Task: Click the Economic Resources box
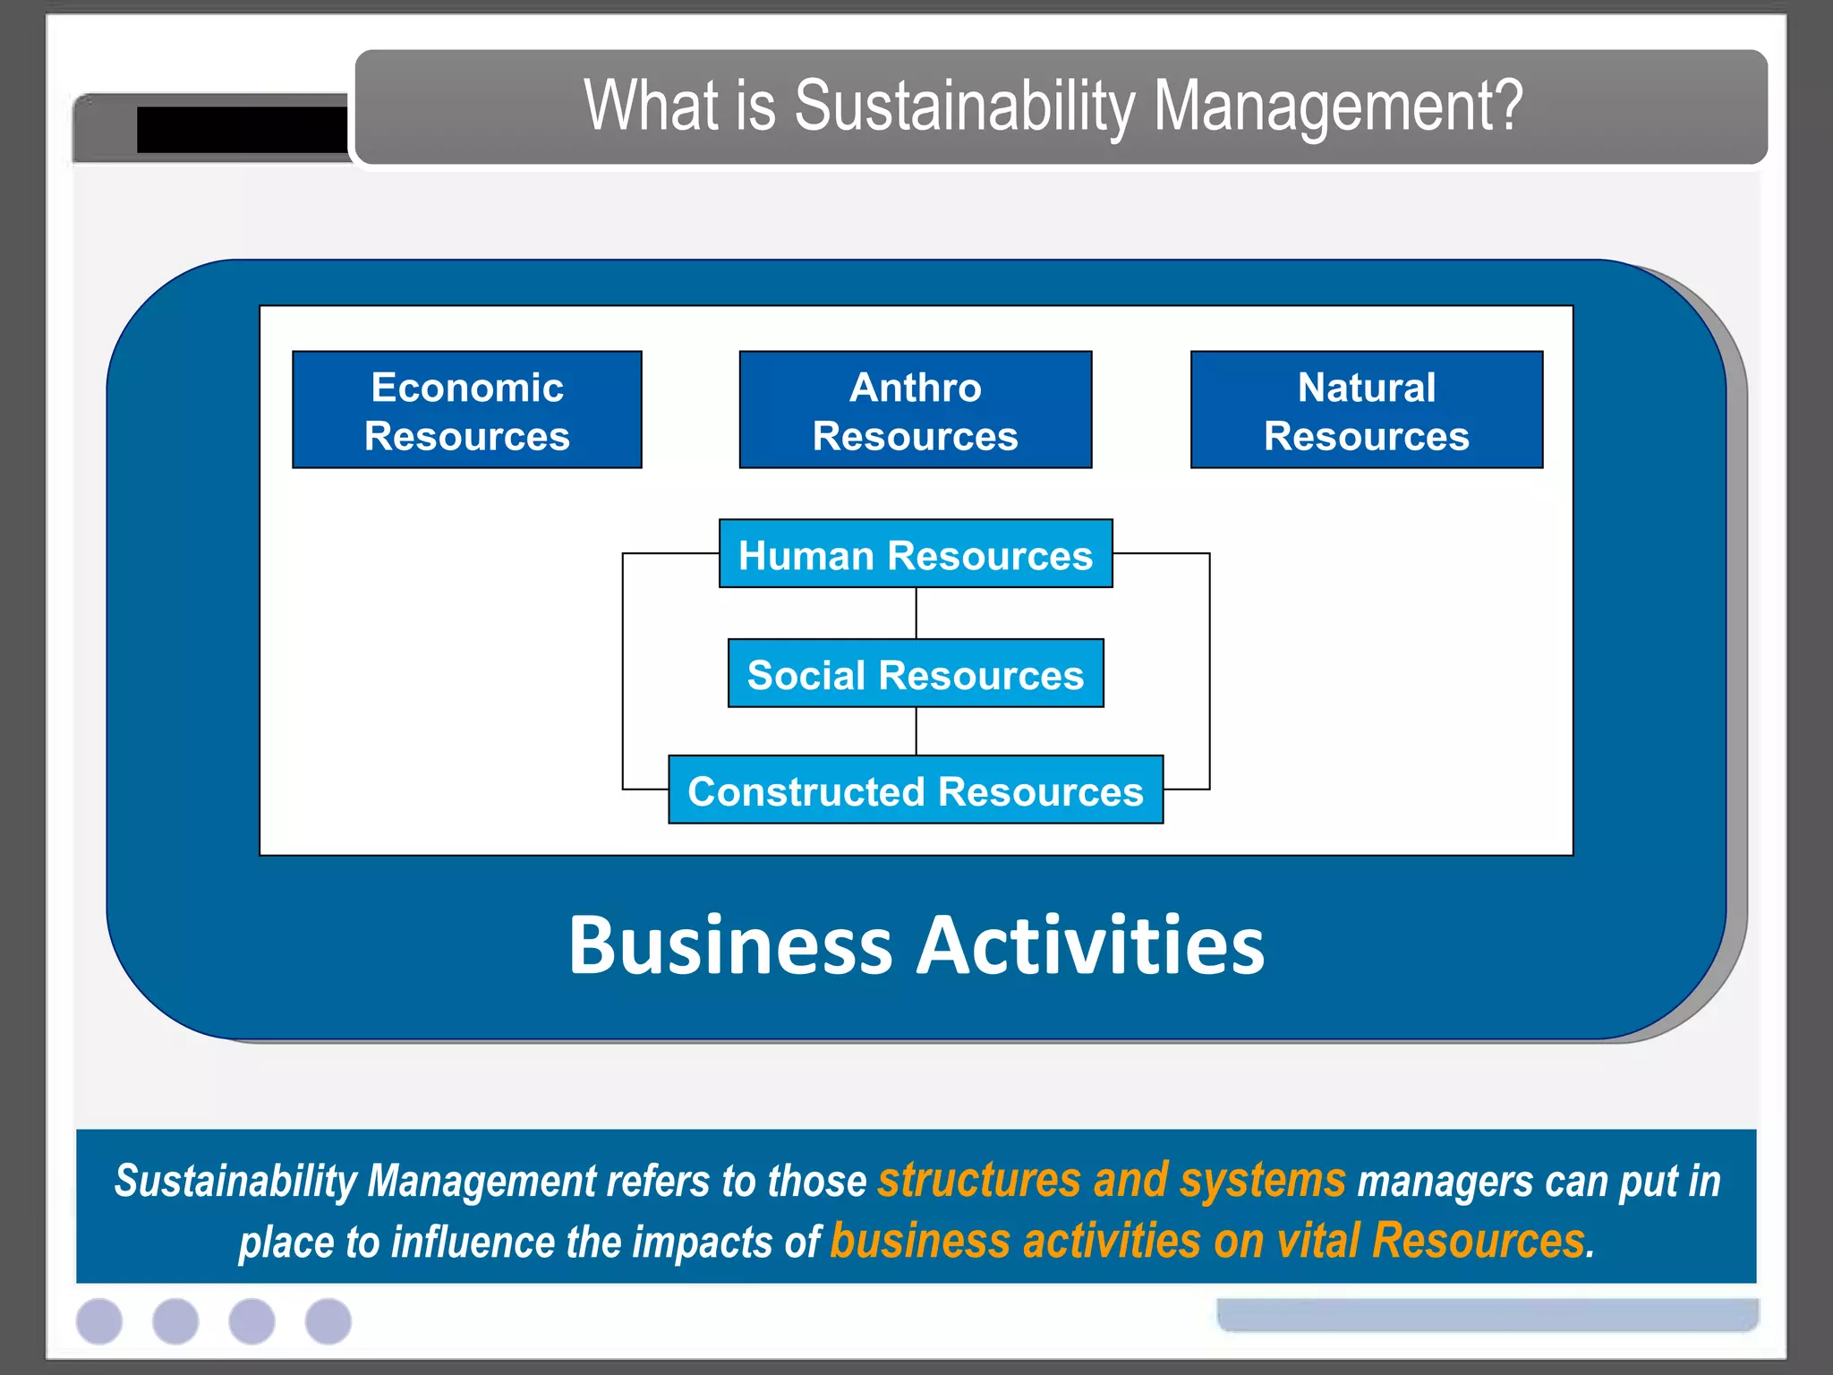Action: [466, 410]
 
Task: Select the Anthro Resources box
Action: [915, 410]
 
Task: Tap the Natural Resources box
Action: [1366, 410]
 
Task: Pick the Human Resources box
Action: [915, 554]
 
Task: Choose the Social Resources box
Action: [915, 674]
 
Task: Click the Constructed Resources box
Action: [915, 790]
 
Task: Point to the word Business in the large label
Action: [730, 945]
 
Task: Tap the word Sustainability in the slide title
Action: [964, 106]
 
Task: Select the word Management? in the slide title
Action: [1338, 106]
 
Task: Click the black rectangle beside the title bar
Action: [242, 130]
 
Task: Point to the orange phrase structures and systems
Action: [1111, 1180]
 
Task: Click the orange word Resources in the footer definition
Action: [1478, 1241]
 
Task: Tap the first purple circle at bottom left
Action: [99, 1321]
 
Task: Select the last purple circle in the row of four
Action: [328, 1321]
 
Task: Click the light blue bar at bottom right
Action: [1487, 1314]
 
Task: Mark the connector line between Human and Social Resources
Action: [916, 613]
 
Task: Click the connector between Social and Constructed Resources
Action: [916, 731]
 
